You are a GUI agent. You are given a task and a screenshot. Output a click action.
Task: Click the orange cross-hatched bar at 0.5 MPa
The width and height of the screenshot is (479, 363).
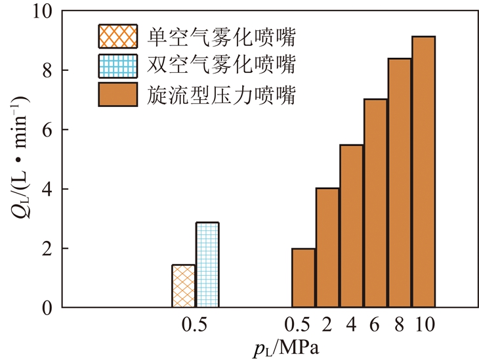click(x=183, y=286)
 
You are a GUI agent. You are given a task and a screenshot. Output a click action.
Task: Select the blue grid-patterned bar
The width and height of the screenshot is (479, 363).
click(x=207, y=265)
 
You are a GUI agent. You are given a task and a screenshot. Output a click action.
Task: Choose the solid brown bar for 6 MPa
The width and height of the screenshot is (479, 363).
click(x=375, y=203)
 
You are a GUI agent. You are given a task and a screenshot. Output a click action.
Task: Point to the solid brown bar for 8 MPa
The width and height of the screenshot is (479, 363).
click(x=400, y=183)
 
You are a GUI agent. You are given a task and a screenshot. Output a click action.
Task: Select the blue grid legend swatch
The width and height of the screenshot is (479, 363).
click(x=117, y=66)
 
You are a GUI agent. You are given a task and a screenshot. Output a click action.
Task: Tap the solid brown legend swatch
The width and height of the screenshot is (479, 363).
click(x=117, y=95)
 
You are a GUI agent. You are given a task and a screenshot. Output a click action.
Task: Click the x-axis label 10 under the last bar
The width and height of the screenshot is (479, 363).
click(x=424, y=324)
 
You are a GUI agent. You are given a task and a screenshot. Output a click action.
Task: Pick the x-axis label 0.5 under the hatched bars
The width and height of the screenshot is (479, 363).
click(x=195, y=324)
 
